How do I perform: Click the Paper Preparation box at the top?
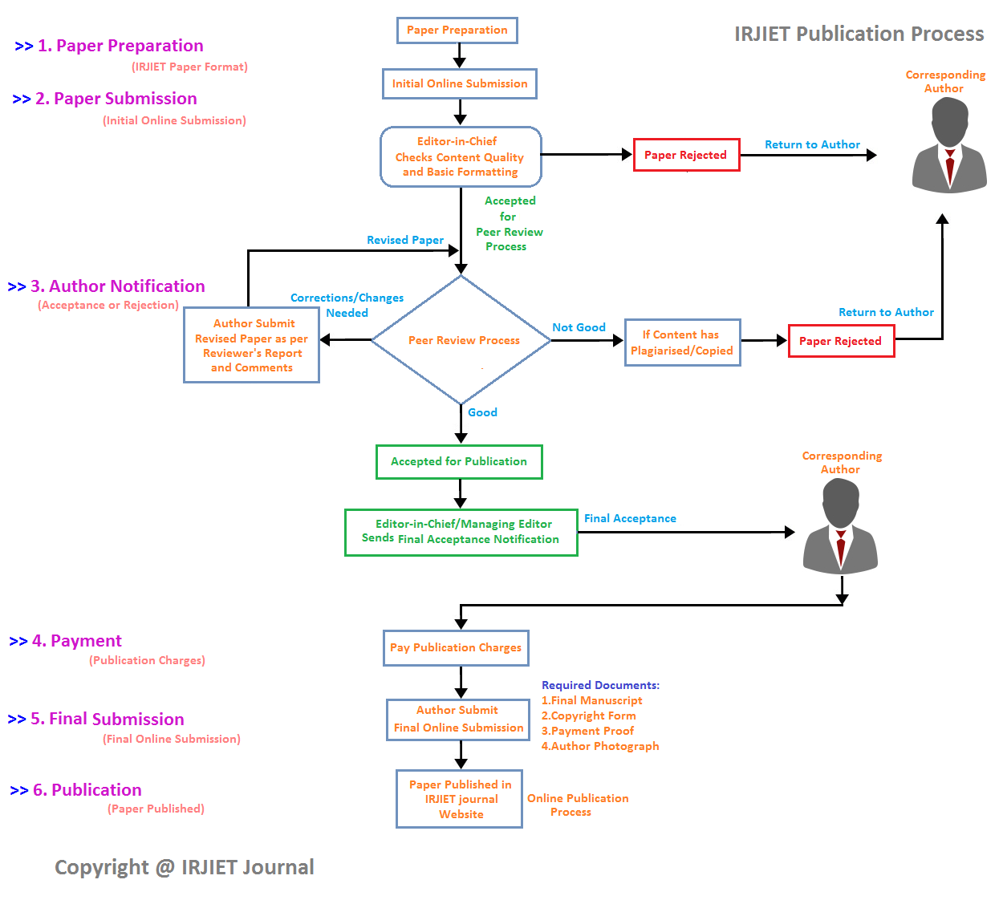[457, 30]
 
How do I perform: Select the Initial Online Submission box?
[460, 83]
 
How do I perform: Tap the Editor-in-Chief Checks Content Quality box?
[461, 156]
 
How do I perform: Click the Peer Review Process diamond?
[461, 340]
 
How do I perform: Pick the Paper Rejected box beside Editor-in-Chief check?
[686, 155]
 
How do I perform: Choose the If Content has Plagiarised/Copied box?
[682, 343]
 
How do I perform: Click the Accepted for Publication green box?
[459, 462]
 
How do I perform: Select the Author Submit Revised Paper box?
[251, 346]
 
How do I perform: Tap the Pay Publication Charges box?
[456, 648]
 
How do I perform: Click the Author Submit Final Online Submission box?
[458, 720]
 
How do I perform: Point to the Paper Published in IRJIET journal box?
[460, 799]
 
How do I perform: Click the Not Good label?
[579, 327]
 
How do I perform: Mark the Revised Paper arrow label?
[405, 240]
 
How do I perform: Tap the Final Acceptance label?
[630, 518]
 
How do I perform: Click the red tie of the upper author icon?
[950, 165]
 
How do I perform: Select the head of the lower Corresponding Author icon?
[841, 501]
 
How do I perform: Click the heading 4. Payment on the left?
[77, 641]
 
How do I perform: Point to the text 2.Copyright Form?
[589, 716]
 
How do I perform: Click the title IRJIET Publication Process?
[859, 34]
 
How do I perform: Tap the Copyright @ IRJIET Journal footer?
[184, 867]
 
